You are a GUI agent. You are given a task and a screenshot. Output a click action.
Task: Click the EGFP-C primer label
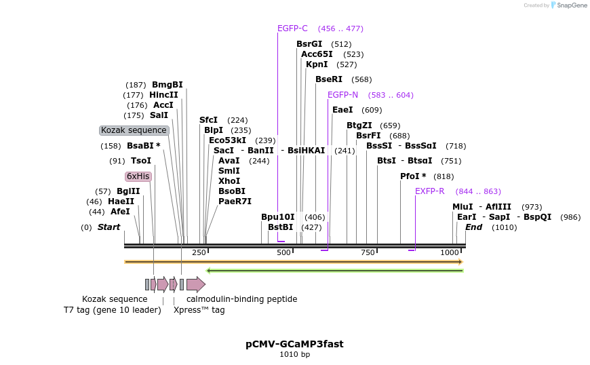point(292,28)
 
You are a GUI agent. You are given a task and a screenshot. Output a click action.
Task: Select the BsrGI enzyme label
point(309,44)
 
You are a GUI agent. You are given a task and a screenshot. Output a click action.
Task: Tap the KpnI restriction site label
point(317,64)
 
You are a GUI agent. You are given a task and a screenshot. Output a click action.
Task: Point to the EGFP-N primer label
point(342,95)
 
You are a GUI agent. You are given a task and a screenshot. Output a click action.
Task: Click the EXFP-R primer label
point(429,191)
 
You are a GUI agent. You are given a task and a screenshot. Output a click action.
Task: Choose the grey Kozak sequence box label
point(134,130)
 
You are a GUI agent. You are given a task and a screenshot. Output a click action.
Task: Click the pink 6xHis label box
point(138,176)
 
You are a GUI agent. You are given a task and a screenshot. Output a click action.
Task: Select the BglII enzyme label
point(127,191)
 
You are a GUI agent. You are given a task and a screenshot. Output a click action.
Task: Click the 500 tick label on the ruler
point(283,252)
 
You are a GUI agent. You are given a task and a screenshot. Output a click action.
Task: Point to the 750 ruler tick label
point(368,252)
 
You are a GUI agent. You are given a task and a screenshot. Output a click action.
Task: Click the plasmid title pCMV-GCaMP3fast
point(294,344)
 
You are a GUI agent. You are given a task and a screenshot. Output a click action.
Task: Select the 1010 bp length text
point(294,354)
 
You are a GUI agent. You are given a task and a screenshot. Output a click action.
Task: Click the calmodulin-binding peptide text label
point(241,299)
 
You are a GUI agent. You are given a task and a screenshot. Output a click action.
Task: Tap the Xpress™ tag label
point(199,310)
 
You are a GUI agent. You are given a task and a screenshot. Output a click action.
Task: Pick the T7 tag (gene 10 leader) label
point(112,310)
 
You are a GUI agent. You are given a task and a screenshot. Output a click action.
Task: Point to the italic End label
point(473,227)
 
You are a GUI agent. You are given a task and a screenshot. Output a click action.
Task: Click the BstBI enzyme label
point(280,227)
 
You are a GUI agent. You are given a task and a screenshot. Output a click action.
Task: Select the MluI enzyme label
point(463,207)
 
